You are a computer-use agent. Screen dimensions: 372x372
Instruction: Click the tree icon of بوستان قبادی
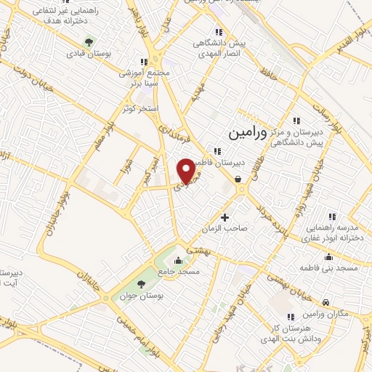(x=89, y=41)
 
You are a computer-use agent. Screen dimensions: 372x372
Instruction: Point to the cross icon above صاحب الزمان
(x=225, y=217)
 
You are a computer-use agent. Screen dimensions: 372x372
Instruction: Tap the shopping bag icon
(x=238, y=179)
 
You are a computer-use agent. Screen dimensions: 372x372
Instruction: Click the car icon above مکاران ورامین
(x=326, y=302)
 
